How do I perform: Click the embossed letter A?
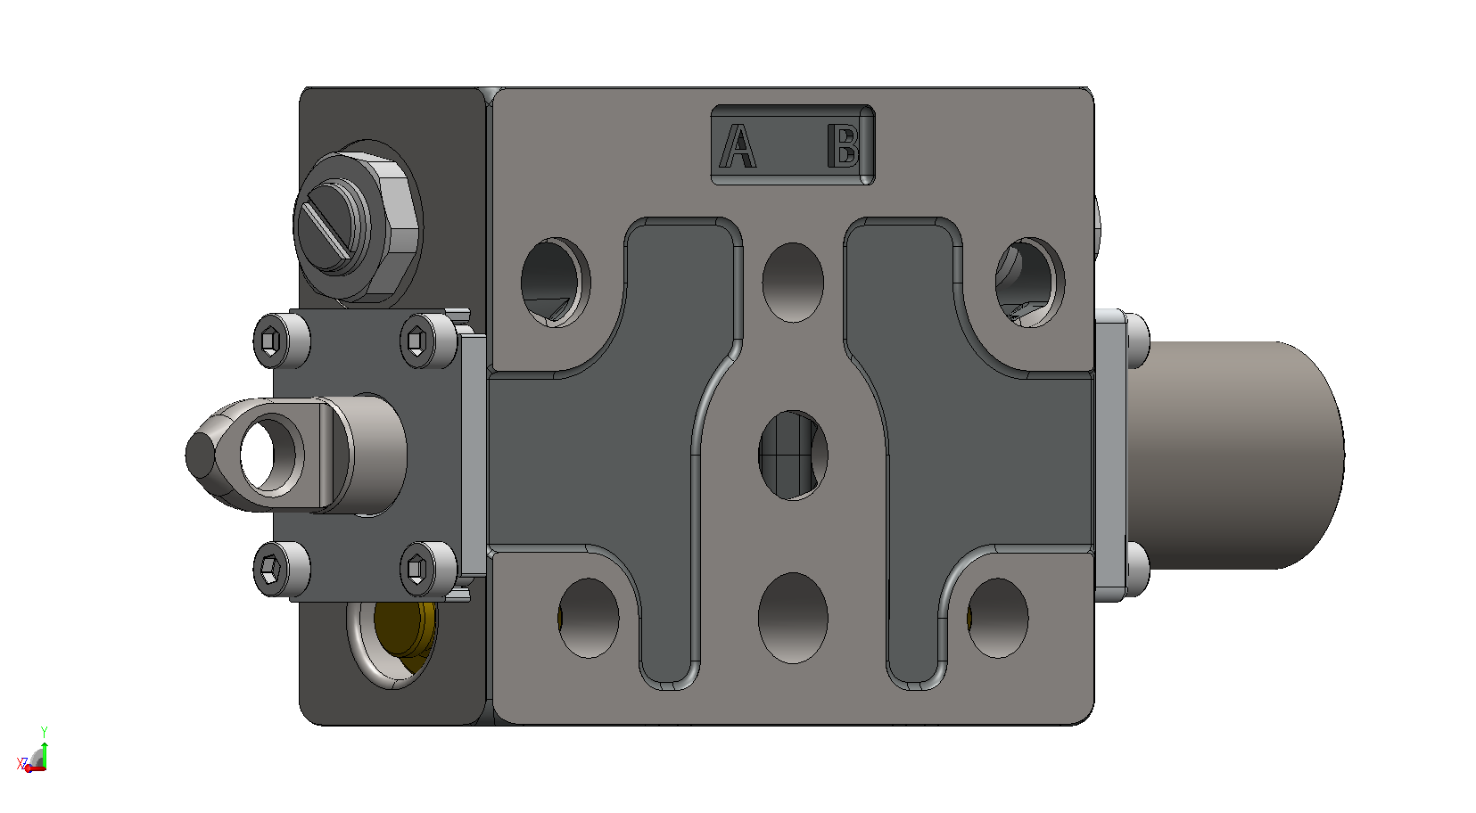pyautogui.click(x=738, y=145)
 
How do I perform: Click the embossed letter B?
pyautogui.click(x=844, y=145)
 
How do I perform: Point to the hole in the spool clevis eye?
pyautogui.click(x=271, y=454)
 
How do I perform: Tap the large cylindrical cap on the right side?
pyautogui.click(x=1239, y=455)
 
